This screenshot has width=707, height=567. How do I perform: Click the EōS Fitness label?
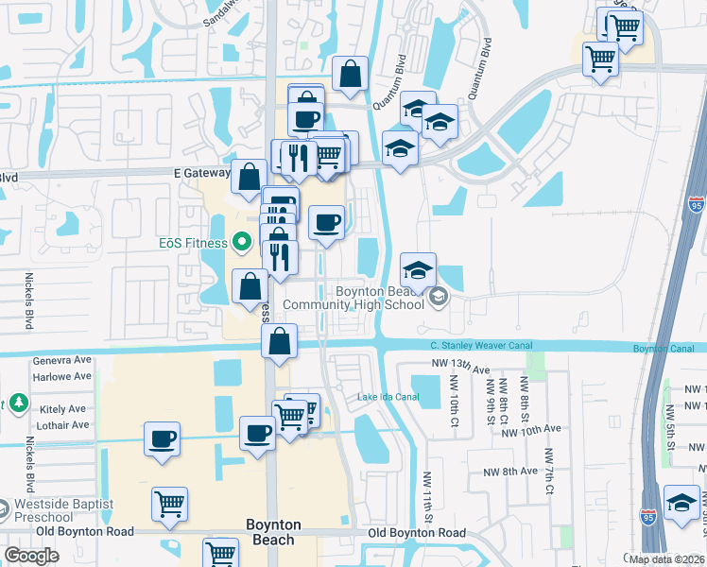pos(193,243)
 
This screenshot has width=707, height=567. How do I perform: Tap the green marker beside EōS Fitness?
pos(241,243)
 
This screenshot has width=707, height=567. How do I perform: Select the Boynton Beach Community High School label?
pos(353,298)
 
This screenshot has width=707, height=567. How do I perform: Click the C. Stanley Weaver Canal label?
pos(474,346)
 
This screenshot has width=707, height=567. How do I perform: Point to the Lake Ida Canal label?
pos(388,396)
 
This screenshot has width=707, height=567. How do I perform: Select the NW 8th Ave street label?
pos(510,472)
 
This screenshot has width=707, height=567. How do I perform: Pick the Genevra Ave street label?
pos(61,360)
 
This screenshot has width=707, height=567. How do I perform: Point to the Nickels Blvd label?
pos(29,301)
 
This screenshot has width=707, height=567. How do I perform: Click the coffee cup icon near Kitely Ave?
pos(162,439)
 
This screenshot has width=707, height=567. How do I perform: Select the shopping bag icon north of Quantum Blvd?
pos(350,73)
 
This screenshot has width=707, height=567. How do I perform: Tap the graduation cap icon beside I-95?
pos(681,501)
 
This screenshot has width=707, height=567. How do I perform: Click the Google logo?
pos(31,556)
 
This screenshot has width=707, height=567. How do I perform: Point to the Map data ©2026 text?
pos(665,559)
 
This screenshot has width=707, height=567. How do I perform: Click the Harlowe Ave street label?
pos(61,377)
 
